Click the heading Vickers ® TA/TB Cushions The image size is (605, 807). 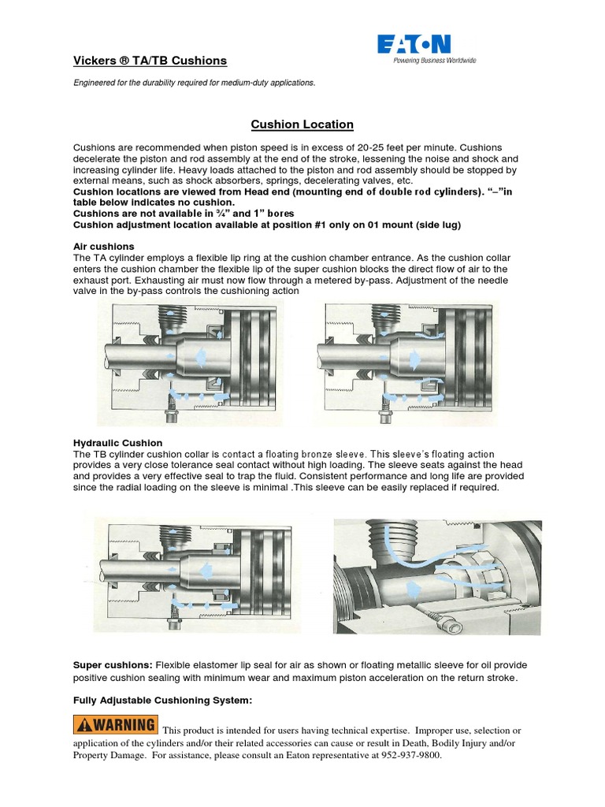[150, 61]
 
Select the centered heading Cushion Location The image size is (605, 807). [302, 125]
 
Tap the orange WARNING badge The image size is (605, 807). [116, 724]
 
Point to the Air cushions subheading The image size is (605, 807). [103, 247]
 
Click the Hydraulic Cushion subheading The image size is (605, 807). [117, 443]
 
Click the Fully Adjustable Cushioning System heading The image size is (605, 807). [162, 700]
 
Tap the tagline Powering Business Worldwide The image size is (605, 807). [435, 60]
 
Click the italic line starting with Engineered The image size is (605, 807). [194, 82]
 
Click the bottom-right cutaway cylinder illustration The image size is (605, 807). [437, 573]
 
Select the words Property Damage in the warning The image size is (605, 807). [109, 756]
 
